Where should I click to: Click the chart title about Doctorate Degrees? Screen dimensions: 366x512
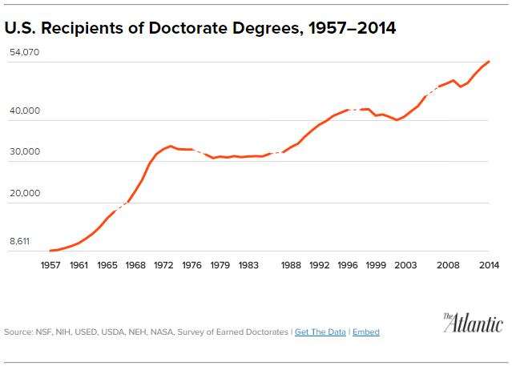200,29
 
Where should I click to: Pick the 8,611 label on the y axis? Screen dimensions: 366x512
21,240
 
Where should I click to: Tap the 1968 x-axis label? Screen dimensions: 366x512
135,265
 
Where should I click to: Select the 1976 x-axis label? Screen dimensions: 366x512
192,265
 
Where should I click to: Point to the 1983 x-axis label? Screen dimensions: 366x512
248,265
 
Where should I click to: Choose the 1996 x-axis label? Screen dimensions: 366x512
348,265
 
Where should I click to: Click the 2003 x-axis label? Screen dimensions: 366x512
405,265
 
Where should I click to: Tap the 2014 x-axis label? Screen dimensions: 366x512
489,265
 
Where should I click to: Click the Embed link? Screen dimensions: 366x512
366,332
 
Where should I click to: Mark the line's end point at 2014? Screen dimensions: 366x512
489,62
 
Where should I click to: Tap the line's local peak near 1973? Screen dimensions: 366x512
170,146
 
